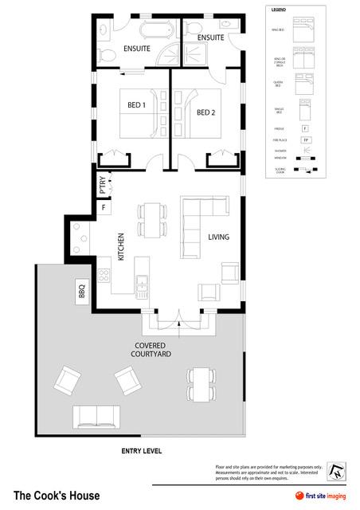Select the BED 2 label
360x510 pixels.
tap(206, 112)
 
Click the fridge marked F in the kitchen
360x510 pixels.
tap(103, 208)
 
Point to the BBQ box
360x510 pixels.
tap(82, 292)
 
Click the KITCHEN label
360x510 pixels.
tap(121, 246)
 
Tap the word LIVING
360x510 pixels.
tap(219, 237)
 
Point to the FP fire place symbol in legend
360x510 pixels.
tap(304, 140)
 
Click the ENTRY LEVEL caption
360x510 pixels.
tap(141, 451)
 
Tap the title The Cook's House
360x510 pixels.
tap(57, 496)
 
